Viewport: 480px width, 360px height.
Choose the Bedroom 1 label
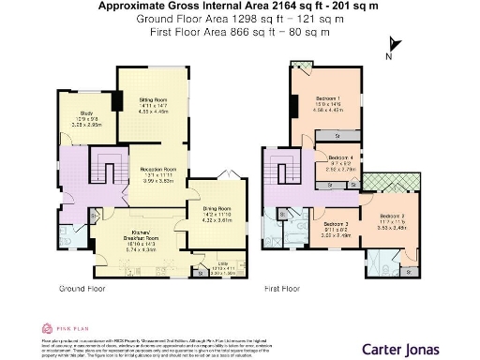point(325,100)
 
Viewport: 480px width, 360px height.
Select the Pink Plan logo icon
point(46,329)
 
